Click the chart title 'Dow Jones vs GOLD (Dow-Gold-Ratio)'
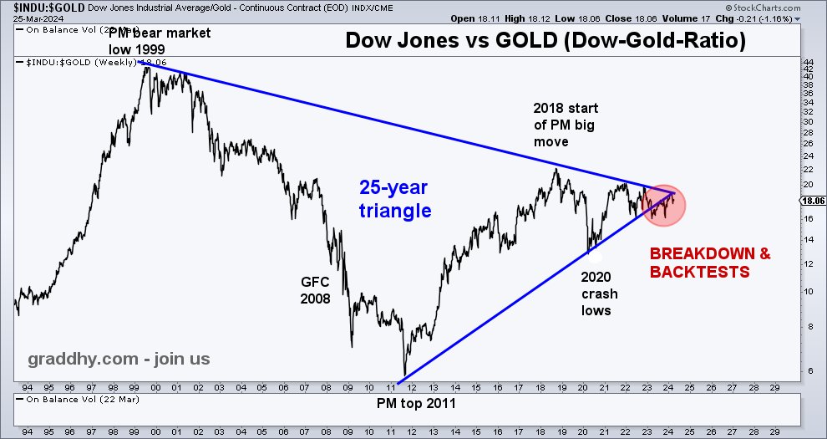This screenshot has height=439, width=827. pos(546,39)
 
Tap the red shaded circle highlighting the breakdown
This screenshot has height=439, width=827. pos(664,204)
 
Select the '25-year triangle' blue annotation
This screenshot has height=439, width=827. pos(395,200)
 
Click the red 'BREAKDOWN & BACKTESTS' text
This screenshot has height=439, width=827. pos(710,262)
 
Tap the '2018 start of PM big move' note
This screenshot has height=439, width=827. pos(566,125)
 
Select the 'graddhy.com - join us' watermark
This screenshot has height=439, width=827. pos(119,360)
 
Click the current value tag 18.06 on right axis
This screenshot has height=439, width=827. pos(813,202)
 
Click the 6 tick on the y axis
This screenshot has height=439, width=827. pos(807,370)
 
